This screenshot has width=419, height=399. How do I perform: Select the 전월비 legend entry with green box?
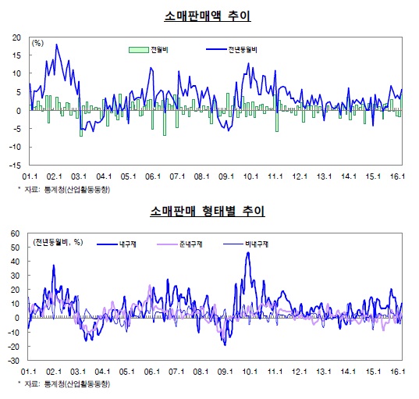(x=148, y=50)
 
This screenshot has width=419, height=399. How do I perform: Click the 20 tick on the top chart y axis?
(x=16, y=37)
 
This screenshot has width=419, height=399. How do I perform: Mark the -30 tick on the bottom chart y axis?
(x=15, y=361)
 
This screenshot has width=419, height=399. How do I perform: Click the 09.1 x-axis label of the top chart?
(x=227, y=176)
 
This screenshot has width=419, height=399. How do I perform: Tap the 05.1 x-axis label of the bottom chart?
(x=129, y=372)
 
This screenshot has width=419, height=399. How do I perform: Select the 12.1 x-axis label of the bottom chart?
(x=300, y=372)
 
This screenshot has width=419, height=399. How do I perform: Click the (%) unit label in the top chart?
(x=37, y=43)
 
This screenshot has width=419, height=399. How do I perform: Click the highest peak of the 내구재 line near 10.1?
(x=248, y=253)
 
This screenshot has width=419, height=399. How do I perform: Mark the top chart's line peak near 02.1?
(x=56, y=45)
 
